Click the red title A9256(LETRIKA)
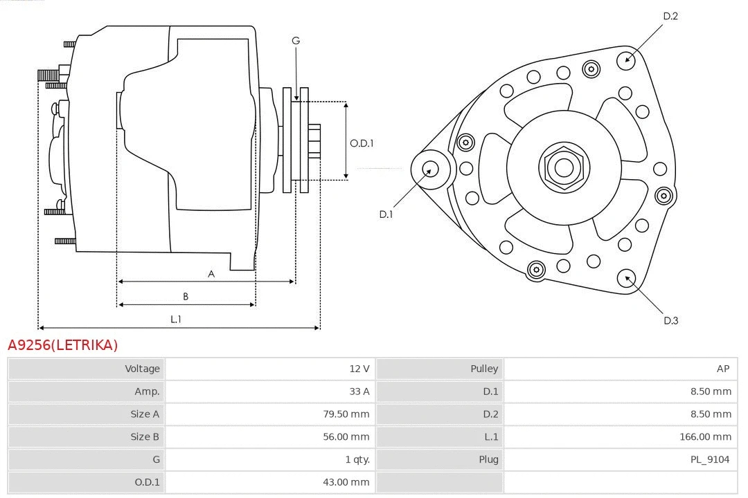pos(63,345)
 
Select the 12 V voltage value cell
pos(359,369)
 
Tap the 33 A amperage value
pos(359,391)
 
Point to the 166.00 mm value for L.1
pos(705,436)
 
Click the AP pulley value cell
pos(722,369)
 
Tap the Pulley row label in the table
pos(484,369)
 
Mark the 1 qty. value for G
pos(357,459)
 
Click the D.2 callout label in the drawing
pos(670,16)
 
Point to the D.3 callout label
pos(670,320)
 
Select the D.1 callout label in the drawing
pos(386,214)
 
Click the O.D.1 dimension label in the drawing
pos(362,144)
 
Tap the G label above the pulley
pos(296,41)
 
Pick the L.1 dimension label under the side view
pos(176,319)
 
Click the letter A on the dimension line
pos(211,274)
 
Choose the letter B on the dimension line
pos(186,297)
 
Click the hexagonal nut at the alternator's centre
pos(564,167)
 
